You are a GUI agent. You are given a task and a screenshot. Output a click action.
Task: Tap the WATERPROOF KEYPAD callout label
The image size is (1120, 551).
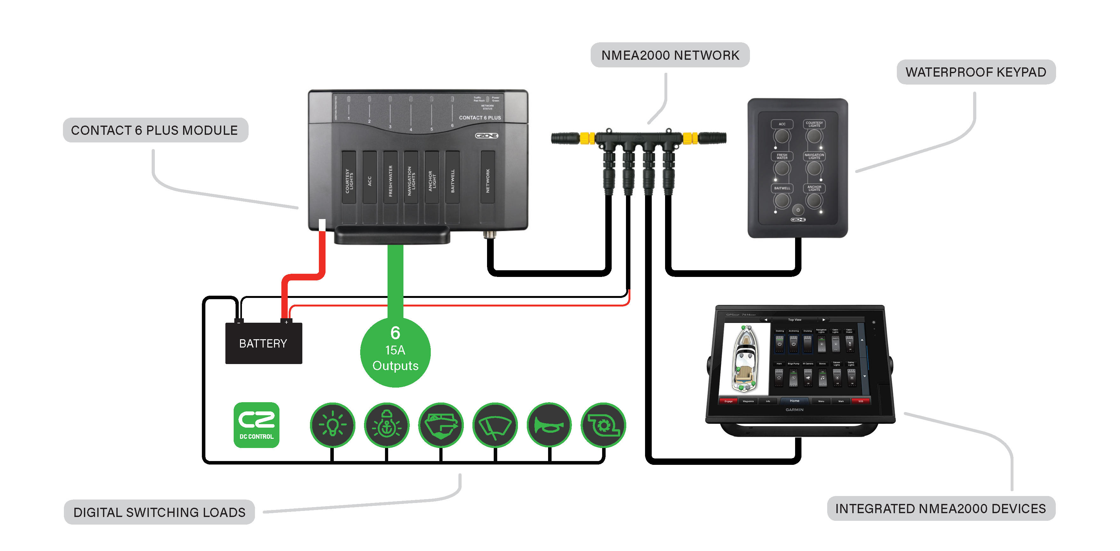pyautogui.click(x=976, y=72)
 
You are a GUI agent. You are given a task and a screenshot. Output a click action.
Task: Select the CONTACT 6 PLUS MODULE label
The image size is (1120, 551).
pyautogui.click(x=155, y=130)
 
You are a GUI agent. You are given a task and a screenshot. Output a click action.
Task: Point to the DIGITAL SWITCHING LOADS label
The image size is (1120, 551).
pyautogui.click(x=159, y=512)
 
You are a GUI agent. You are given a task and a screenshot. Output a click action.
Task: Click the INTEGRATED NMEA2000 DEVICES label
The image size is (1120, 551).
pyautogui.click(x=940, y=508)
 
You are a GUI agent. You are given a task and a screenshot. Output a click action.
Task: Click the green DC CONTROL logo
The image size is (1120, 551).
pyautogui.click(x=257, y=425)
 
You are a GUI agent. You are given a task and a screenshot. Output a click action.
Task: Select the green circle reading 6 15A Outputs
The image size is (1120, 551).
pyautogui.click(x=395, y=352)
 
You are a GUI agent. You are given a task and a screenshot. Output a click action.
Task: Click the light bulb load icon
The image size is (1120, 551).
pyautogui.click(x=333, y=425)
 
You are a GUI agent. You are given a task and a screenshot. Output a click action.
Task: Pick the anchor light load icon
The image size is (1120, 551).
pyautogui.click(x=387, y=425)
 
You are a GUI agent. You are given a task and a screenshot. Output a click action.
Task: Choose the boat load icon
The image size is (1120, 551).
pyautogui.click(x=441, y=425)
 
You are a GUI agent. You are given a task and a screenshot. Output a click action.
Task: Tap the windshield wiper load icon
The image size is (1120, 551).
pyautogui.click(x=495, y=425)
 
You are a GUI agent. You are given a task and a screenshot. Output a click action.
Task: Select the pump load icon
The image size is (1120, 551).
pyautogui.click(x=603, y=425)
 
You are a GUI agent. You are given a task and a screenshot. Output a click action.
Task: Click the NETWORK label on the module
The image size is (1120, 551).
pyautogui.click(x=487, y=181)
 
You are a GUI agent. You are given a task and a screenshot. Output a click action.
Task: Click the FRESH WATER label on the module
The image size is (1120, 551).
pyautogui.click(x=390, y=181)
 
